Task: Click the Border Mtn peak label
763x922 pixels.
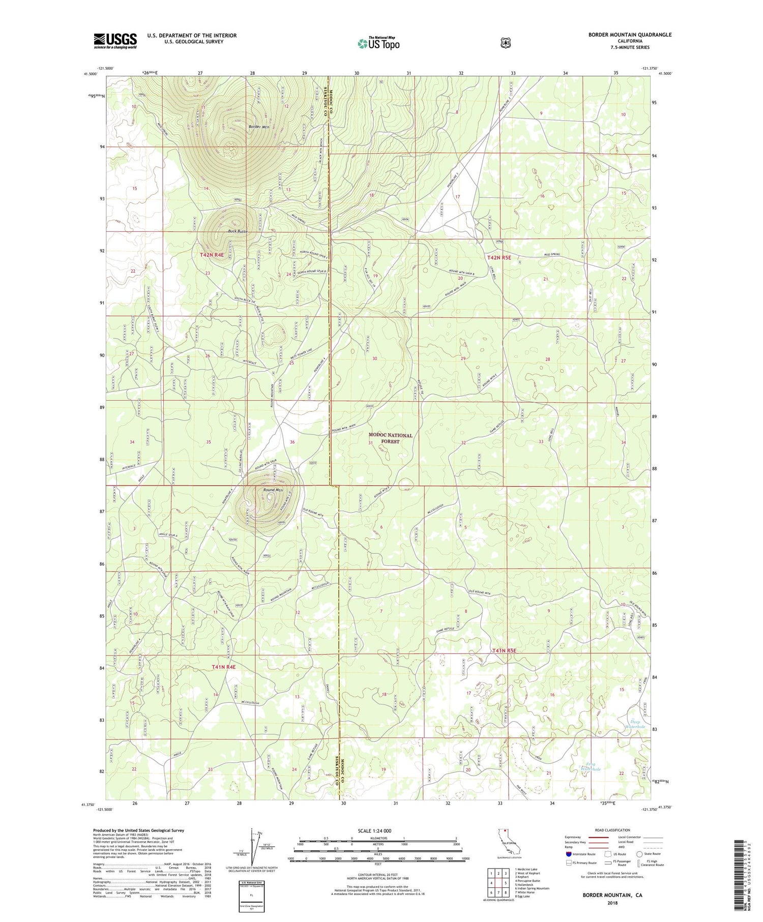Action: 259,127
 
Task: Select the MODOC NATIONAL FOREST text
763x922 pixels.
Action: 391,438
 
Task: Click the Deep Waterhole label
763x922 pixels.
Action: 635,724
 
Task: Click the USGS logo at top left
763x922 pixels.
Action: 115,41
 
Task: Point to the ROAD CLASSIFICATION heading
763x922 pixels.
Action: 610,830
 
